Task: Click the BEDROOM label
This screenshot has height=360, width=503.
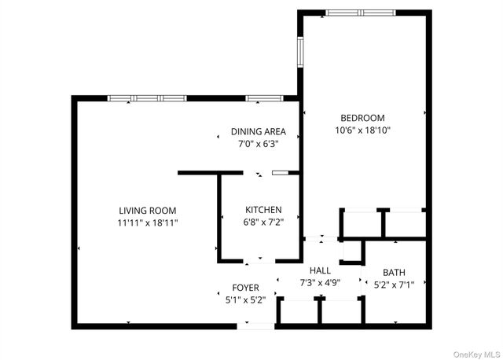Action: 362,118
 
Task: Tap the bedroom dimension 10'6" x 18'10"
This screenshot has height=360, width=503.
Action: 362,130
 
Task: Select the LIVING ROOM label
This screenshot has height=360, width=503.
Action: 148,211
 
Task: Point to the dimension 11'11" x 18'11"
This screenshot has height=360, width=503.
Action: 148,222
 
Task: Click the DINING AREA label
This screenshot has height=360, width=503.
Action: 259,131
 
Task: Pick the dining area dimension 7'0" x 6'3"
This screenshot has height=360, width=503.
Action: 259,144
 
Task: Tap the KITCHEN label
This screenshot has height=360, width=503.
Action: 263,210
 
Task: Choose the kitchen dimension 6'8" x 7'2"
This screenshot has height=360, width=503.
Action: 263,222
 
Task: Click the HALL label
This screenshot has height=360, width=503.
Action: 320,271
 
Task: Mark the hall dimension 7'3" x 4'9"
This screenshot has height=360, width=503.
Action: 320,283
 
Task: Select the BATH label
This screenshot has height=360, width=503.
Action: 394,273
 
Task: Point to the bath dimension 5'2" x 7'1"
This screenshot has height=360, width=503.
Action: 394,285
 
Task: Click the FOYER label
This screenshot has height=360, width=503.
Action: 246,288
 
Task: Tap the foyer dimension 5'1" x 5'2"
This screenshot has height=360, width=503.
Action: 246,300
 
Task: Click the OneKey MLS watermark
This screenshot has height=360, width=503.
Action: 477,354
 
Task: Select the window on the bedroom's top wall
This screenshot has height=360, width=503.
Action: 361,13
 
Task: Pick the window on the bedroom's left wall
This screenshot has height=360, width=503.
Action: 300,52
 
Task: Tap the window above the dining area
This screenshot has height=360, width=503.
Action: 264,98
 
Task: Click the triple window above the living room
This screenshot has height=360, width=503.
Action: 147,98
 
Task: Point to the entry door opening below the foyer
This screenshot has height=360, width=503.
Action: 255,326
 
